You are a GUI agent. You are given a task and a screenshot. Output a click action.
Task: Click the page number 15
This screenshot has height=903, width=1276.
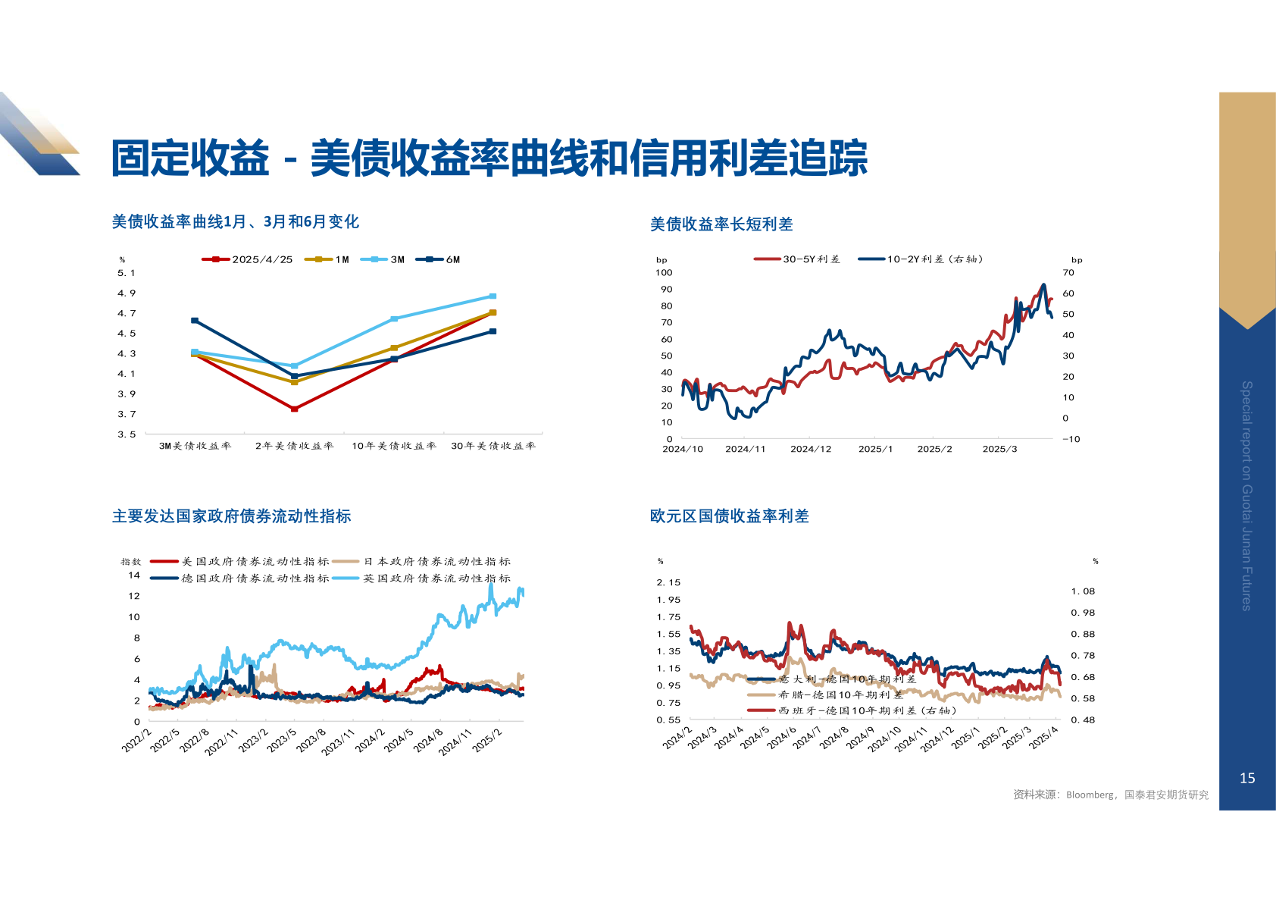(1247, 778)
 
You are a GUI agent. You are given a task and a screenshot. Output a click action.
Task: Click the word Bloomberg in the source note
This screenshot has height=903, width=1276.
(1090, 795)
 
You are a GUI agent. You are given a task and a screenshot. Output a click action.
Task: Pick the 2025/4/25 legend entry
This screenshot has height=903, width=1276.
(248, 259)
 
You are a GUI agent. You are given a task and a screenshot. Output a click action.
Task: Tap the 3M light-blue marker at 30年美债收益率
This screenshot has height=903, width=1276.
(493, 296)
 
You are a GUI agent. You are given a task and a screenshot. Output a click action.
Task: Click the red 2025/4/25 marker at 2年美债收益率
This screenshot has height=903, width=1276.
(295, 409)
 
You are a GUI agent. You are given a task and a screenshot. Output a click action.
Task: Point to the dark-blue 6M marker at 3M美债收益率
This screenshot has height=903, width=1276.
(195, 321)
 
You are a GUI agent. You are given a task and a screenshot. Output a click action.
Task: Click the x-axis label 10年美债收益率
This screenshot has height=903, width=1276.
(394, 446)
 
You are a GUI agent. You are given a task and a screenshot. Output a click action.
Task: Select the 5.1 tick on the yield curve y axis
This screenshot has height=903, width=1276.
(127, 273)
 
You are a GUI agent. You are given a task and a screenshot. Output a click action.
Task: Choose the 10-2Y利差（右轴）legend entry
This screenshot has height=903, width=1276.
(921, 259)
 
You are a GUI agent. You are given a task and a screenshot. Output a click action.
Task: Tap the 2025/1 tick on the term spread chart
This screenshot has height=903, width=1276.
(875, 449)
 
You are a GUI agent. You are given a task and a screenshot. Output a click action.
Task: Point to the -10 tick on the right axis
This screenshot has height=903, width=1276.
(1071, 439)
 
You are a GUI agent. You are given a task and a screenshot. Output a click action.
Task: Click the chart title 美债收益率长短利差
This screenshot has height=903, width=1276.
(721, 224)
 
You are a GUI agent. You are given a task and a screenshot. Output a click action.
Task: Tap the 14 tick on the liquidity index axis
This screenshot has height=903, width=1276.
(134, 575)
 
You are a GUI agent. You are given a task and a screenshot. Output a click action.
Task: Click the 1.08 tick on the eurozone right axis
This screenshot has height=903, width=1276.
(1083, 591)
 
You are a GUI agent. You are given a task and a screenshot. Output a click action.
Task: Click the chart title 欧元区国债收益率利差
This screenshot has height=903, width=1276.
(729, 516)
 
